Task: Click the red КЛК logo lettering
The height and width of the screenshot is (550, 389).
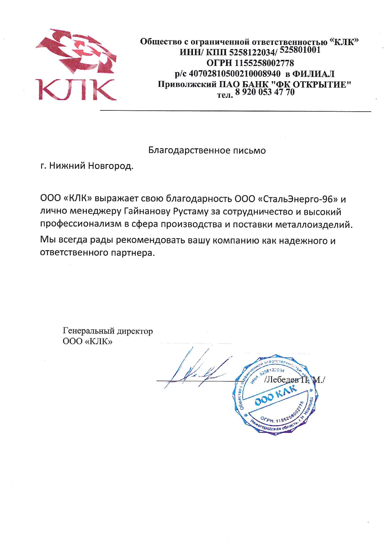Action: [x=76, y=90]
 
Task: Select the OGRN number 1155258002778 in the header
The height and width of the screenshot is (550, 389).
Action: [x=264, y=63]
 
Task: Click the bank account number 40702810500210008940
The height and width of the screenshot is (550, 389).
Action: [x=235, y=74]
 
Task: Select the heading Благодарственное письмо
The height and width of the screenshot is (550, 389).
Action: [x=207, y=151]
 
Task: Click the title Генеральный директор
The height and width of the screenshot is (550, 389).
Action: [x=108, y=331]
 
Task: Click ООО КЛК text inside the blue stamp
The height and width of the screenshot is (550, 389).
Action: [x=275, y=396]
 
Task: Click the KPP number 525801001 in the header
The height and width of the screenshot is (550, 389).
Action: [x=300, y=50]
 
